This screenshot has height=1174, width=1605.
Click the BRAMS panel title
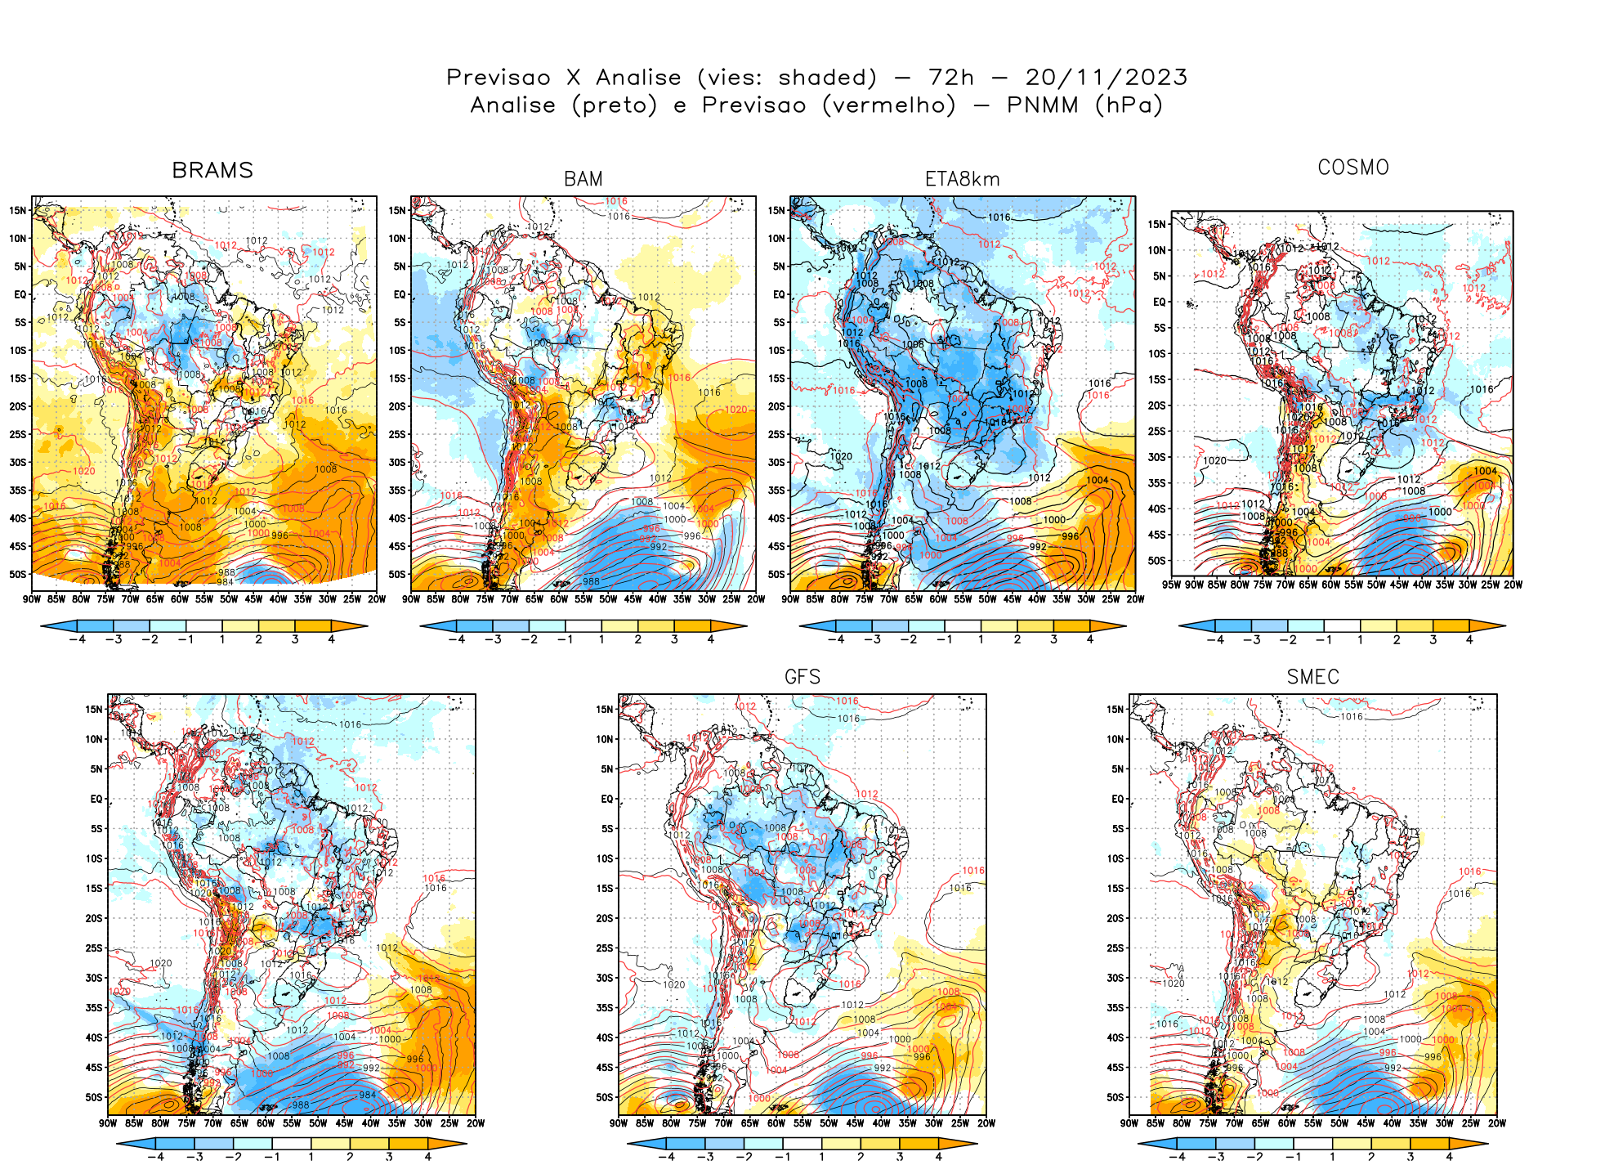pyautogui.click(x=212, y=170)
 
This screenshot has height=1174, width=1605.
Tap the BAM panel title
pyautogui.click(x=583, y=179)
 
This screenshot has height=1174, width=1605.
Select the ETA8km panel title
pyautogui.click(x=962, y=179)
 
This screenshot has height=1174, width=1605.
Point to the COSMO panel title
pyautogui.click(x=1353, y=168)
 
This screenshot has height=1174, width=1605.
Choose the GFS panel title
pyautogui.click(x=802, y=677)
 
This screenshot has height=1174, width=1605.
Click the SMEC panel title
pyautogui.click(x=1312, y=677)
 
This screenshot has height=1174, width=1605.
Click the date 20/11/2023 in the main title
pyautogui.click(x=1106, y=78)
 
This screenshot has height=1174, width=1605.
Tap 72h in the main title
pyautogui.click(x=951, y=78)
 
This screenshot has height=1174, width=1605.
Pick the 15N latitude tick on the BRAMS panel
pyautogui.click(x=18, y=210)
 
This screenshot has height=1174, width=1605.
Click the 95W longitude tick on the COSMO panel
pyautogui.click(x=1172, y=585)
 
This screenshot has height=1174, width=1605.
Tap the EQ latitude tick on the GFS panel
pyautogui.click(x=606, y=799)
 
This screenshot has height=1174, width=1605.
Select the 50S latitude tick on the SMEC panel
pyautogui.click(x=1115, y=1097)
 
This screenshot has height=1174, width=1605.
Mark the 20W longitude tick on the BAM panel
pyautogui.click(x=756, y=599)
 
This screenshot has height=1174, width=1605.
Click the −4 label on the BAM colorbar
pyautogui.click(x=456, y=639)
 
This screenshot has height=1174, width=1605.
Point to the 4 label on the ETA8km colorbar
pyautogui.click(x=1090, y=639)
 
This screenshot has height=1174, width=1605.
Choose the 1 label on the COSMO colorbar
pyautogui.click(x=1361, y=640)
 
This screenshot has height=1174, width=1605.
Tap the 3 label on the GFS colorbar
pyautogui.click(x=900, y=1157)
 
